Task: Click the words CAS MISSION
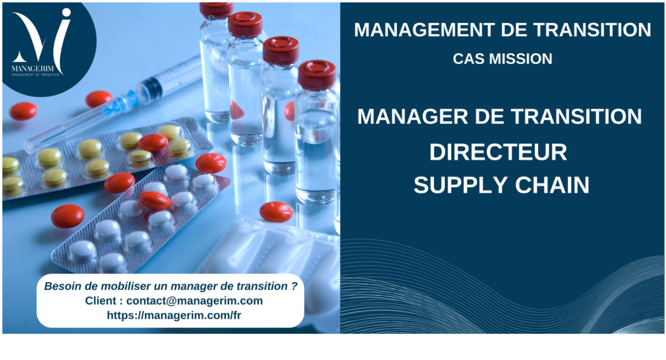[x=502, y=59]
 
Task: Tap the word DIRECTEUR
[x=498, y=152]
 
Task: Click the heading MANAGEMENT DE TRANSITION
[x=502, y=30]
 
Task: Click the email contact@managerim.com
[x=194, y=301]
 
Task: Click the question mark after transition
[x=295, y=286]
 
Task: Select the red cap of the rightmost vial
[x=317, y=74]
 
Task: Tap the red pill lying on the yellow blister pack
[x=152, y=143]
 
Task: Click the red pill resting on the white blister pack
[x=155, y=200]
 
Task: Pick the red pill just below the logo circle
[x=99, y=99]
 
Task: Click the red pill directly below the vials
[x=276, y=212]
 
